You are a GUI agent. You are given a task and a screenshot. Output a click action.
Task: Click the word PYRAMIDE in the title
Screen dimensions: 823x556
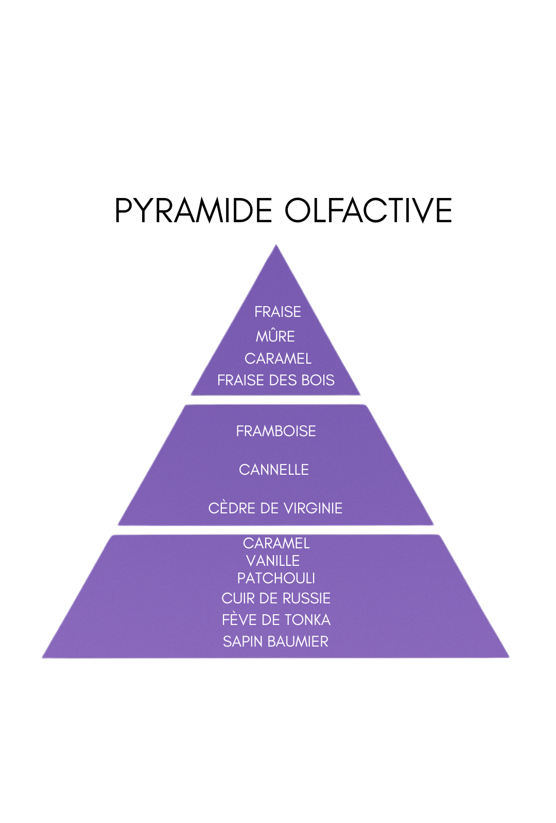pyautogui.click(x=193, y=210)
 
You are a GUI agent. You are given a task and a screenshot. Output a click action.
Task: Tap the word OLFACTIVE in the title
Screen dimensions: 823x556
pyautogui.click(x=368, y=210)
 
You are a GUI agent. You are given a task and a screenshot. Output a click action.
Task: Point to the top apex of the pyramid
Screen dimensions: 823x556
pyautogui.click(x=276, y=246)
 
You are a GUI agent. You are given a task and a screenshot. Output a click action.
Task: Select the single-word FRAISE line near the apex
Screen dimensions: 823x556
pyautogui.click(x=277, y=312)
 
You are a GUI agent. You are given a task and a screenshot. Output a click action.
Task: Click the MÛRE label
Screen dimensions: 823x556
pyautogui.click(x=275, y=336)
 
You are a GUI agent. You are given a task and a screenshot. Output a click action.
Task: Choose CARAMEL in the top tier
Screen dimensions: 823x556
pyautogui.click(x=278, y=359)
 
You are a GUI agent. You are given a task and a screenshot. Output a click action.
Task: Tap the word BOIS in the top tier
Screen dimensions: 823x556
pyautogui.click(x=318, y=380)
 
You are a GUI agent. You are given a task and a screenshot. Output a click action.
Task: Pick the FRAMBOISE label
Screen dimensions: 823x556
pyautogui.click(x=276, y=431)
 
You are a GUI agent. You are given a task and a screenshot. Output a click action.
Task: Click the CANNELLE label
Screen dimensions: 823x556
pyautogui.click(x=274, y=470)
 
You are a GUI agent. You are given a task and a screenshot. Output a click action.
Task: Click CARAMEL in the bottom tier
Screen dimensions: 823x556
pyautogui.click(x=276, y=543)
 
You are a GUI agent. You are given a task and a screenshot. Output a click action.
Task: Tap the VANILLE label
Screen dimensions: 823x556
pyautogui.click(x=273, y=561)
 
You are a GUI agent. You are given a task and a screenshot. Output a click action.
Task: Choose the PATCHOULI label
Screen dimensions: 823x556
pyautogui.click(x=276, y=578)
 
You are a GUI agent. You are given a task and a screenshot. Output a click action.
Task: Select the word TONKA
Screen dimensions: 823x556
pyautogui.click(x=311, y=620)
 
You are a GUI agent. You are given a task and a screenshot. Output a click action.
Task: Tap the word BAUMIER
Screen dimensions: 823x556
pyautogui.click(x=301, y=641)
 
